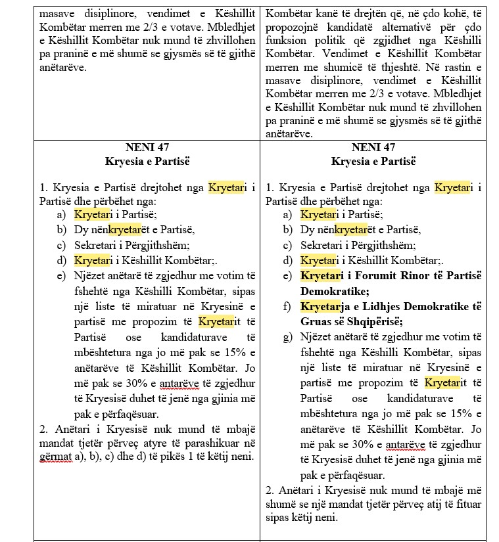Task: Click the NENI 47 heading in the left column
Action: pyautogui.click(x=147, y=147)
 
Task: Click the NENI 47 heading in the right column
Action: pyautogui.click(x=373, y=147)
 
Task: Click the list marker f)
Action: pyautogui.click(x=287, y=306)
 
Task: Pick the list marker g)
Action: pyautogui.click(x=287, y=338)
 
